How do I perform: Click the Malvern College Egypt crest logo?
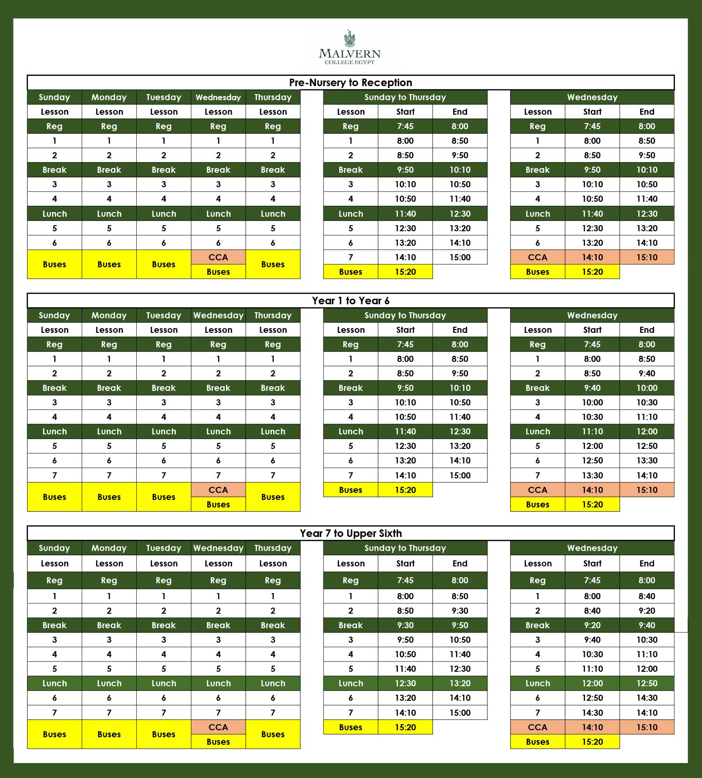point(349,39)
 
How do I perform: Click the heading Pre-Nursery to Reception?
point(351,82)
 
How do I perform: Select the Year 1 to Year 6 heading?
point(351,301)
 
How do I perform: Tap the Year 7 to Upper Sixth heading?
point(351,533)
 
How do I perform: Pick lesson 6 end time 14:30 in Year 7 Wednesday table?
point(647,697)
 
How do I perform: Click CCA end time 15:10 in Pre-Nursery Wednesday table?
point(647,257)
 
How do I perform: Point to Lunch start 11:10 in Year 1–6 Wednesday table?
point(592,431)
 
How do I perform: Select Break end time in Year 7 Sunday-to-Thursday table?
point(460,625)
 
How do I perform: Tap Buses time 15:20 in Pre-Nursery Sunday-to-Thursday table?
point(405,272)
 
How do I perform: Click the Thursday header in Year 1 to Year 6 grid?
point(273,315)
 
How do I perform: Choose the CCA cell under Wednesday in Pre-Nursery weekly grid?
point(218,257)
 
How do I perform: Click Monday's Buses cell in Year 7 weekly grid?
point(109,734)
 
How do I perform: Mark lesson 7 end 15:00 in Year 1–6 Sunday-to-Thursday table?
point(460,475)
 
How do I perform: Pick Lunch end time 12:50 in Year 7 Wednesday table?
point(647,683)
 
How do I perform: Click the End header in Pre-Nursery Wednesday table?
point(647,111)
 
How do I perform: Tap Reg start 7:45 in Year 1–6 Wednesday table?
point(592,344)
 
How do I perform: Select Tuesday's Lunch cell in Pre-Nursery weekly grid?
point(164,213)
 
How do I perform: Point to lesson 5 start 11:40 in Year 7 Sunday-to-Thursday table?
point(405,668)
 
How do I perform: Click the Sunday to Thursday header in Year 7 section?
point(405,548)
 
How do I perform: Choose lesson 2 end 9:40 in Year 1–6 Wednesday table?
point(647,373)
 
